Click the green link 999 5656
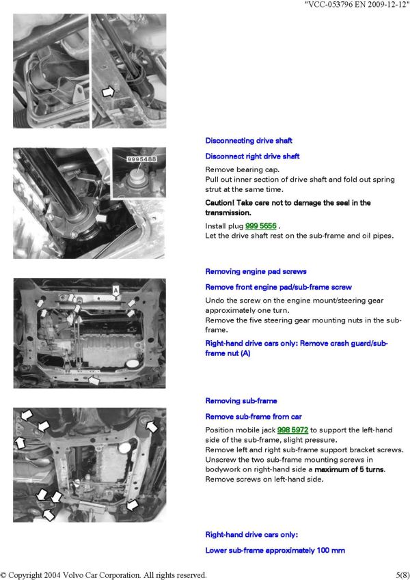260,225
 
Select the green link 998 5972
292,430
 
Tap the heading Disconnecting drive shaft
249,141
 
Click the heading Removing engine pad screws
256,271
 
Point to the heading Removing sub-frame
241,401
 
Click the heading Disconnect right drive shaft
252,156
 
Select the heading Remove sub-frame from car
254,417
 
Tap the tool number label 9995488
141,159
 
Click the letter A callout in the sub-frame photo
115,290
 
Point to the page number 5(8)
402,575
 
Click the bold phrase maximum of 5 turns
350,469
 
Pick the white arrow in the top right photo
109,92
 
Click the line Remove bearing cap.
243,170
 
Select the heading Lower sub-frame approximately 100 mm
275,551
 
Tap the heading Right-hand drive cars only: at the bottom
251,535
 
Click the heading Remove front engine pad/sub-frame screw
278,287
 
